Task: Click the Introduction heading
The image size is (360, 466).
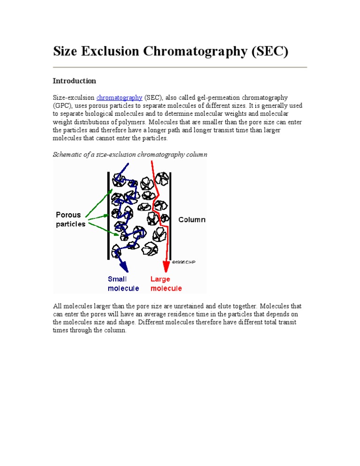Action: point(74,81)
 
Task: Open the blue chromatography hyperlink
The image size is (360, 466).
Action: point(119,98)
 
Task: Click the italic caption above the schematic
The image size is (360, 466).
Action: point(130,154)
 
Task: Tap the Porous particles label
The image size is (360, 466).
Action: point(71,219)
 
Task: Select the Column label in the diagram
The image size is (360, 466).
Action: point(192,219)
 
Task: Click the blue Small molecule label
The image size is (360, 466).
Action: point(123,284)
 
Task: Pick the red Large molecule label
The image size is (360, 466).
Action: point(166,284)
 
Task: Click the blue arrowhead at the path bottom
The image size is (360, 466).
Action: point(124,267)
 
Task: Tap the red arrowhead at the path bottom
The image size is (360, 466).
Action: point(166,267)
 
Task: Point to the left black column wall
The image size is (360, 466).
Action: point(109,211)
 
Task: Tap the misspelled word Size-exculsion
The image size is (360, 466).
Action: point(74,98)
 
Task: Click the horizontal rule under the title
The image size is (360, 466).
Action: point(180,68)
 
